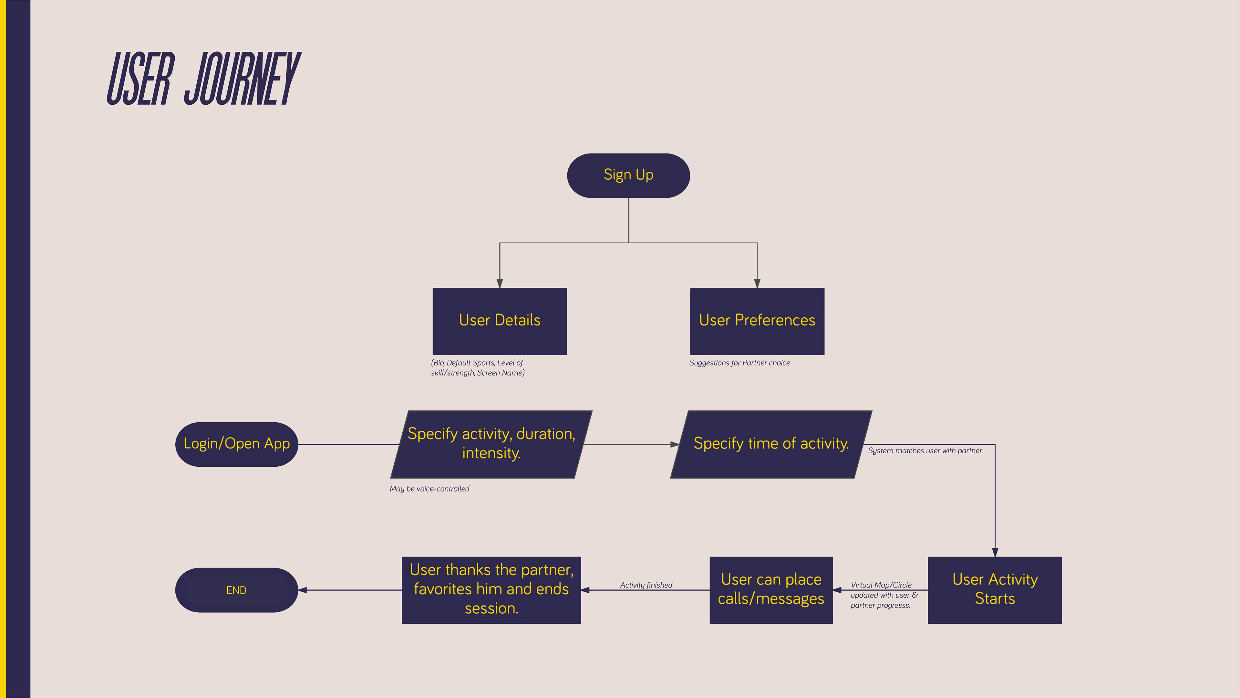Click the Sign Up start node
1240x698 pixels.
[x=628, y=175]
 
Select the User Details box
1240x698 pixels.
[x=499, y=321]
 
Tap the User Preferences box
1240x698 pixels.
[x=757, y=321]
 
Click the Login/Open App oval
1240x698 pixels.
[x=236, y=444]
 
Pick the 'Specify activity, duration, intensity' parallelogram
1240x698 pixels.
[x=491, y=444]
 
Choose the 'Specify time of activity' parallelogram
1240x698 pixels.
[x=771, y=444]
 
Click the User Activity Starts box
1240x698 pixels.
[x=995, y=590]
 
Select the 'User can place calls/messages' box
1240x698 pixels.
[x=771, y=590]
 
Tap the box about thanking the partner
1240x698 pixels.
[x=491, y=590]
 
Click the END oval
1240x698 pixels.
[x=236, y=590]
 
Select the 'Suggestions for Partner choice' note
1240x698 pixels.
[x=739, y=363]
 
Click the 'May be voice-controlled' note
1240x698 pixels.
[x=429, y=489]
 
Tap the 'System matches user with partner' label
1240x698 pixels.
[x=925, y=450]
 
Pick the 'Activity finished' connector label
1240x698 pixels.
[x=646, y=585]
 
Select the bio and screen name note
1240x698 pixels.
[x=478, y=367]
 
